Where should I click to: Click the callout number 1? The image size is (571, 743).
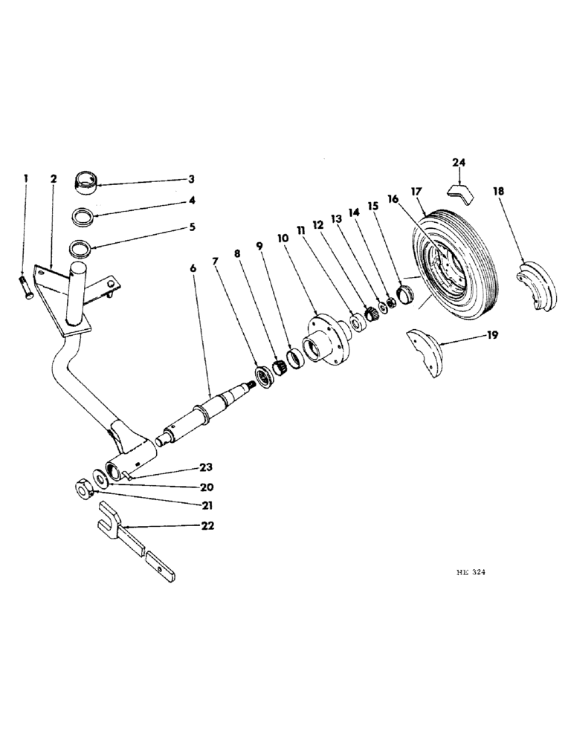[25, 178]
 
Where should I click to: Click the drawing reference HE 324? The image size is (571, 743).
[470, 573]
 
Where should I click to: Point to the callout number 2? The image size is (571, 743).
[54, 178]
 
